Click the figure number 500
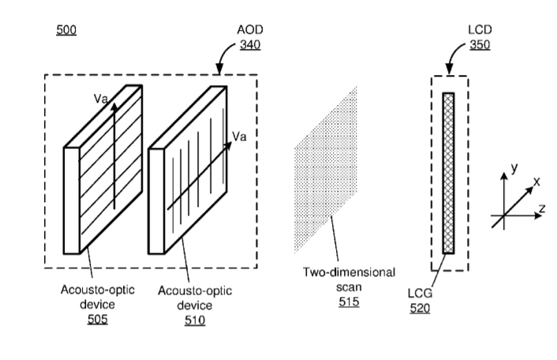(66, 30)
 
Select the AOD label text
(250, 29)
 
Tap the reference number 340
(250, 45)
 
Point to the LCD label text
(480, 29)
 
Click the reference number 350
(480, 45)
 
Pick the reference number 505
(97, 319)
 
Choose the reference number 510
(195, 321)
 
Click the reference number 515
(349, 302)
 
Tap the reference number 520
(420, 308)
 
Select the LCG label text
(420, 293)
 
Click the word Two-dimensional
(349, 272)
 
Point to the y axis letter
(514, 167)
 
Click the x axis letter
(536, 182)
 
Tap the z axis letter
(542, 208)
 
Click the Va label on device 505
(100, 99)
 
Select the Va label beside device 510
(239, 136)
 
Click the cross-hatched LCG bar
(448, 173)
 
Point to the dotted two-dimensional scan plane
(325, 170)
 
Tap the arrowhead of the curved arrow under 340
(219, 69)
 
